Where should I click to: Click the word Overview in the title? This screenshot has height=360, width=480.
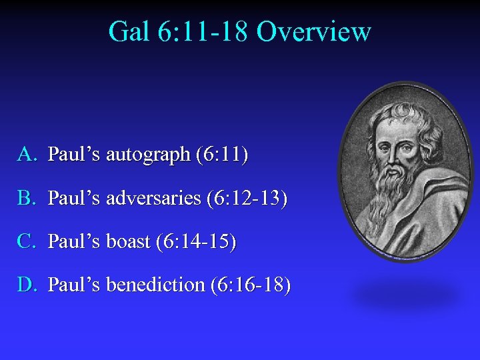(313, 31)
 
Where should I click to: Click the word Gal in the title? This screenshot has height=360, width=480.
(129, 31)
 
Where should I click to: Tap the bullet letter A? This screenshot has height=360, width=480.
(26, 155)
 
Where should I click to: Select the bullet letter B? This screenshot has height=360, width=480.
(26, 199)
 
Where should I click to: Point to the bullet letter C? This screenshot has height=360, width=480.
(26, 241)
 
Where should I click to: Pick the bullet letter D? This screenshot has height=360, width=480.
(26, 285)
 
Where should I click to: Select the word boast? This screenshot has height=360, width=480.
(128, 241)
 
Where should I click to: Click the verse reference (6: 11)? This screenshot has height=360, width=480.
(222, 155)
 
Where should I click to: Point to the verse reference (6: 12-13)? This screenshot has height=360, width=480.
(247, 199)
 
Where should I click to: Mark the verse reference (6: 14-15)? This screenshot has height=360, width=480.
(196, 241)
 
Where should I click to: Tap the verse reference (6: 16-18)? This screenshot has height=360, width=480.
(251, 285)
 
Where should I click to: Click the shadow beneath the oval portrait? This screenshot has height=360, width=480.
(408, 294)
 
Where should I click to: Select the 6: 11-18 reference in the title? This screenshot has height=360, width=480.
(203, 31)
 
